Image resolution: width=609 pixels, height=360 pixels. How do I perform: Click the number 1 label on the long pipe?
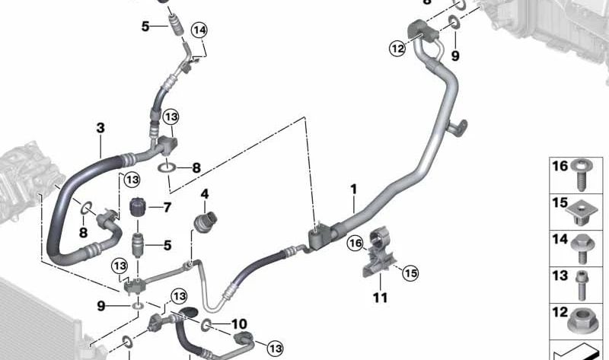(353, 187)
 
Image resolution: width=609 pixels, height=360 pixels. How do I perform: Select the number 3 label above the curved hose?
(100, 128)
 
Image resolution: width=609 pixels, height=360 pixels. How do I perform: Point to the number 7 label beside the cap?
(167, 207)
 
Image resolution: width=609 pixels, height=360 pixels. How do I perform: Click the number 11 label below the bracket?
(378, 296)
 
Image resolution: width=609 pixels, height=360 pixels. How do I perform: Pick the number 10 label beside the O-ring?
(239, 323)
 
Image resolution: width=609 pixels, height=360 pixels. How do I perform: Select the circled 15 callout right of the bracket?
(411, 272)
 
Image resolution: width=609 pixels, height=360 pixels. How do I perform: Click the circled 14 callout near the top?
(199, 30)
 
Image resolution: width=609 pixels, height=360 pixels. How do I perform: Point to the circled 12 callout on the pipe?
(397, 49)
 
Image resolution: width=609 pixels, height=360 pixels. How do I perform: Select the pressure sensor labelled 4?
(205, 222)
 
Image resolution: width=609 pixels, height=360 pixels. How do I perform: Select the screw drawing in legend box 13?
(585, 285)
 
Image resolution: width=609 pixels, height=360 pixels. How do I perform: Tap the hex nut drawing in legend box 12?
(585, 320)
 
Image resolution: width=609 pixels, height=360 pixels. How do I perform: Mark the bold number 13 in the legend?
(560, 276)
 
